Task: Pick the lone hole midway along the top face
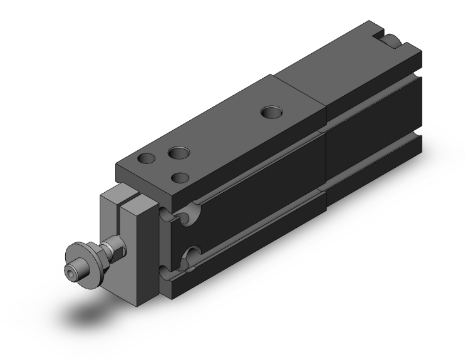[271, 113]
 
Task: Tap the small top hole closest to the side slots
[181, 177]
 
